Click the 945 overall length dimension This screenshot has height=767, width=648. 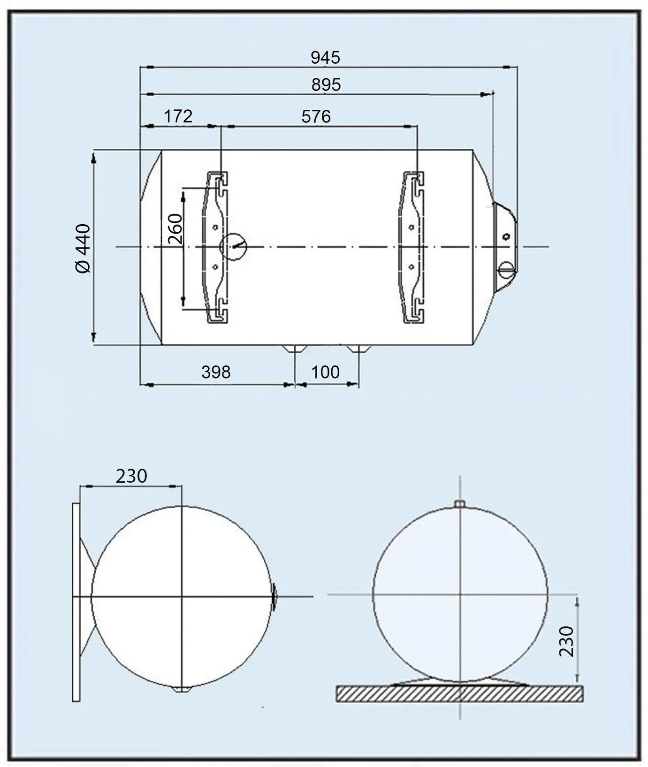[x=325, y=57]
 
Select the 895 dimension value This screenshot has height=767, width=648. [x=326, y=85]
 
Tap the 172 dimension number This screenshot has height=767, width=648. [x=178, y=116]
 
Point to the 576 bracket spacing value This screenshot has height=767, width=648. [x=316, y=116]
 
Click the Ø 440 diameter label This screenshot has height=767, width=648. [x=83, y=249]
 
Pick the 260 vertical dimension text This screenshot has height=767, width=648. [x=175, y=228]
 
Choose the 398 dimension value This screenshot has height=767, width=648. [x=216, y=372]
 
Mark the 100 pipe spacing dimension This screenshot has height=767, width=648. [x=325, y=372]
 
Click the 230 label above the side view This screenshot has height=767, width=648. [x=131, y=476]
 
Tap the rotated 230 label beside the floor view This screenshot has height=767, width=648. [x=567, y=641]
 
